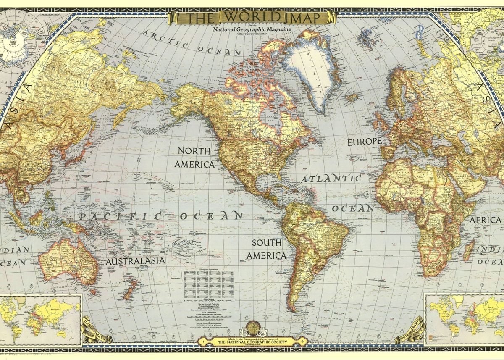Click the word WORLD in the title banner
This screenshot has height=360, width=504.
point(252,17)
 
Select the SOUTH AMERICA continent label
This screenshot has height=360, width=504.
point(267,249)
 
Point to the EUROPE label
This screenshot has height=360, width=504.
point(364,142)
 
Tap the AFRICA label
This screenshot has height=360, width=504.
point(485,220)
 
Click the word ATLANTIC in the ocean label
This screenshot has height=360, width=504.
point(331,179)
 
